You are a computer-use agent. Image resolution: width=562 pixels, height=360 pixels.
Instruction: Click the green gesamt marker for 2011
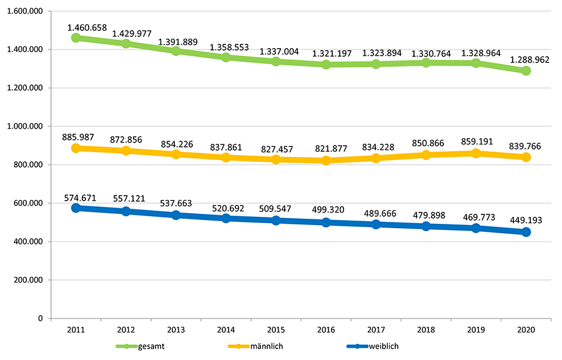[x=76, y=37]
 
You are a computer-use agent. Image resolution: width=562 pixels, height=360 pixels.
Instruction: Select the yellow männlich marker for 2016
[x=326, y=161]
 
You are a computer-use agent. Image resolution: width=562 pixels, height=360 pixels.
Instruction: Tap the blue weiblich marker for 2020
[x=526, y=232]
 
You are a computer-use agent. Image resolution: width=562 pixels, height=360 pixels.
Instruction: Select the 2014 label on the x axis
[x=226, y=330]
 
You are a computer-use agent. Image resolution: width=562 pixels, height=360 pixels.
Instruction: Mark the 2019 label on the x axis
[x=476, y=330]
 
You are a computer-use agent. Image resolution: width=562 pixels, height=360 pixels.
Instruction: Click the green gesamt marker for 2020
[x=526, y=71]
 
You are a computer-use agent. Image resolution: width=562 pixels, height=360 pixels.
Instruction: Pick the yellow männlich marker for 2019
[x=476, y=153]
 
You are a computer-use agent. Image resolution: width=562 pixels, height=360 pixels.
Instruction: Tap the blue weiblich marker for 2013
[x=176, y=215]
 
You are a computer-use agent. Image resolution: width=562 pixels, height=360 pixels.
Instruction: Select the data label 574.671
[x=81, y=197]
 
